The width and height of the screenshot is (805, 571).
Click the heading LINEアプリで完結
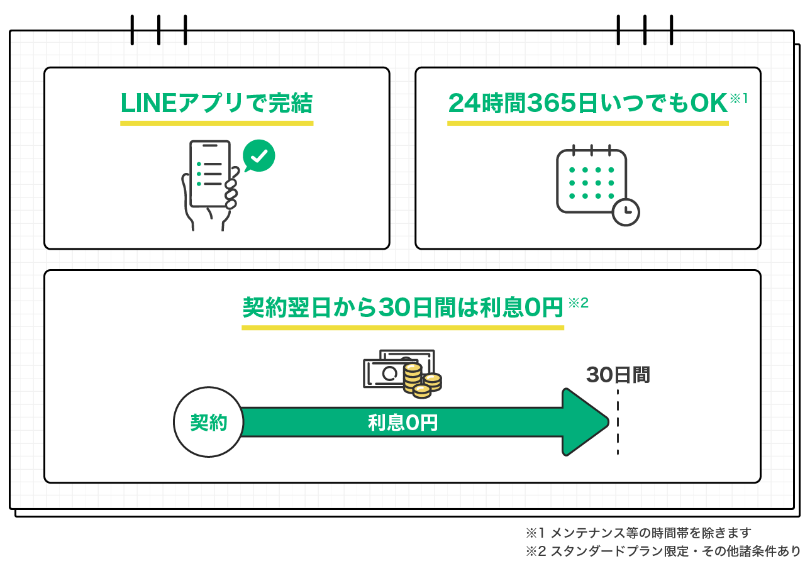click(x=216, y=104)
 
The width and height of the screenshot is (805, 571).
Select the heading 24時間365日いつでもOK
click(x=587, y=104)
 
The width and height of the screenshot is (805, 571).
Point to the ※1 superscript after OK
click(x=738, y=99)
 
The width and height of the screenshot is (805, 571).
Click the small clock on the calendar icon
click(x=625, y=212)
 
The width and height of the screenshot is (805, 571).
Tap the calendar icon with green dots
click(x=591, y=181)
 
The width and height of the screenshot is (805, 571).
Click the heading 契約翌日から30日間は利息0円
click(x=402, y=308)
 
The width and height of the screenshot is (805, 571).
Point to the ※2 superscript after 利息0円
click(x=578, y=303)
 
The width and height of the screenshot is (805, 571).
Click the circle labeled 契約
click(x=208, y=422)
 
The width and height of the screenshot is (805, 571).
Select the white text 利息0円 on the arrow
click(x=402, y=422)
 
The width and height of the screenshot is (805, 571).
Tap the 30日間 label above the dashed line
click(x=618, y=375)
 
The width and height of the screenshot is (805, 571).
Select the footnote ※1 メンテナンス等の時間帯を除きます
click(x=638, y=533)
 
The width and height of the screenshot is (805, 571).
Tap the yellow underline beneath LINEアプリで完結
click(x=216, y=123)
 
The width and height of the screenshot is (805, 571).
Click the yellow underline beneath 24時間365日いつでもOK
click(x=587, y=123)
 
